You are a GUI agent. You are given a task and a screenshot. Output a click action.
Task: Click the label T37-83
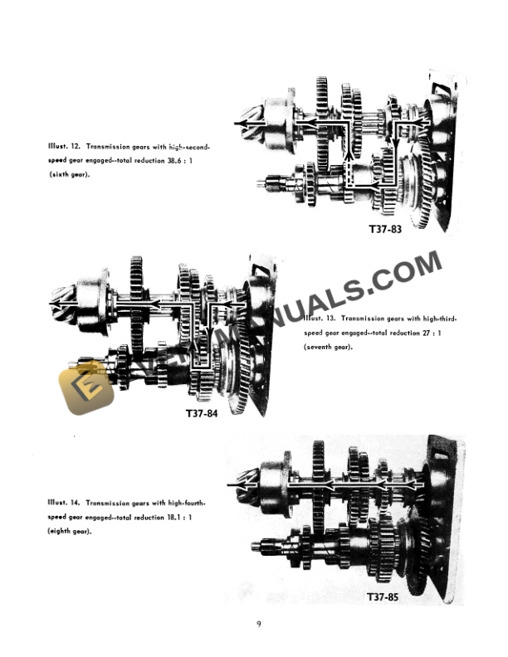point(384,228)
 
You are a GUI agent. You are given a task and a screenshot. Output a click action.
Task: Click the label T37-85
point(386,596)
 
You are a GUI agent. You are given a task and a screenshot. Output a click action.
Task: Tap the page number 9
point(258,625)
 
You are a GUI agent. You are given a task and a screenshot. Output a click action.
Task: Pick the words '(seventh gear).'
point(328,348)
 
